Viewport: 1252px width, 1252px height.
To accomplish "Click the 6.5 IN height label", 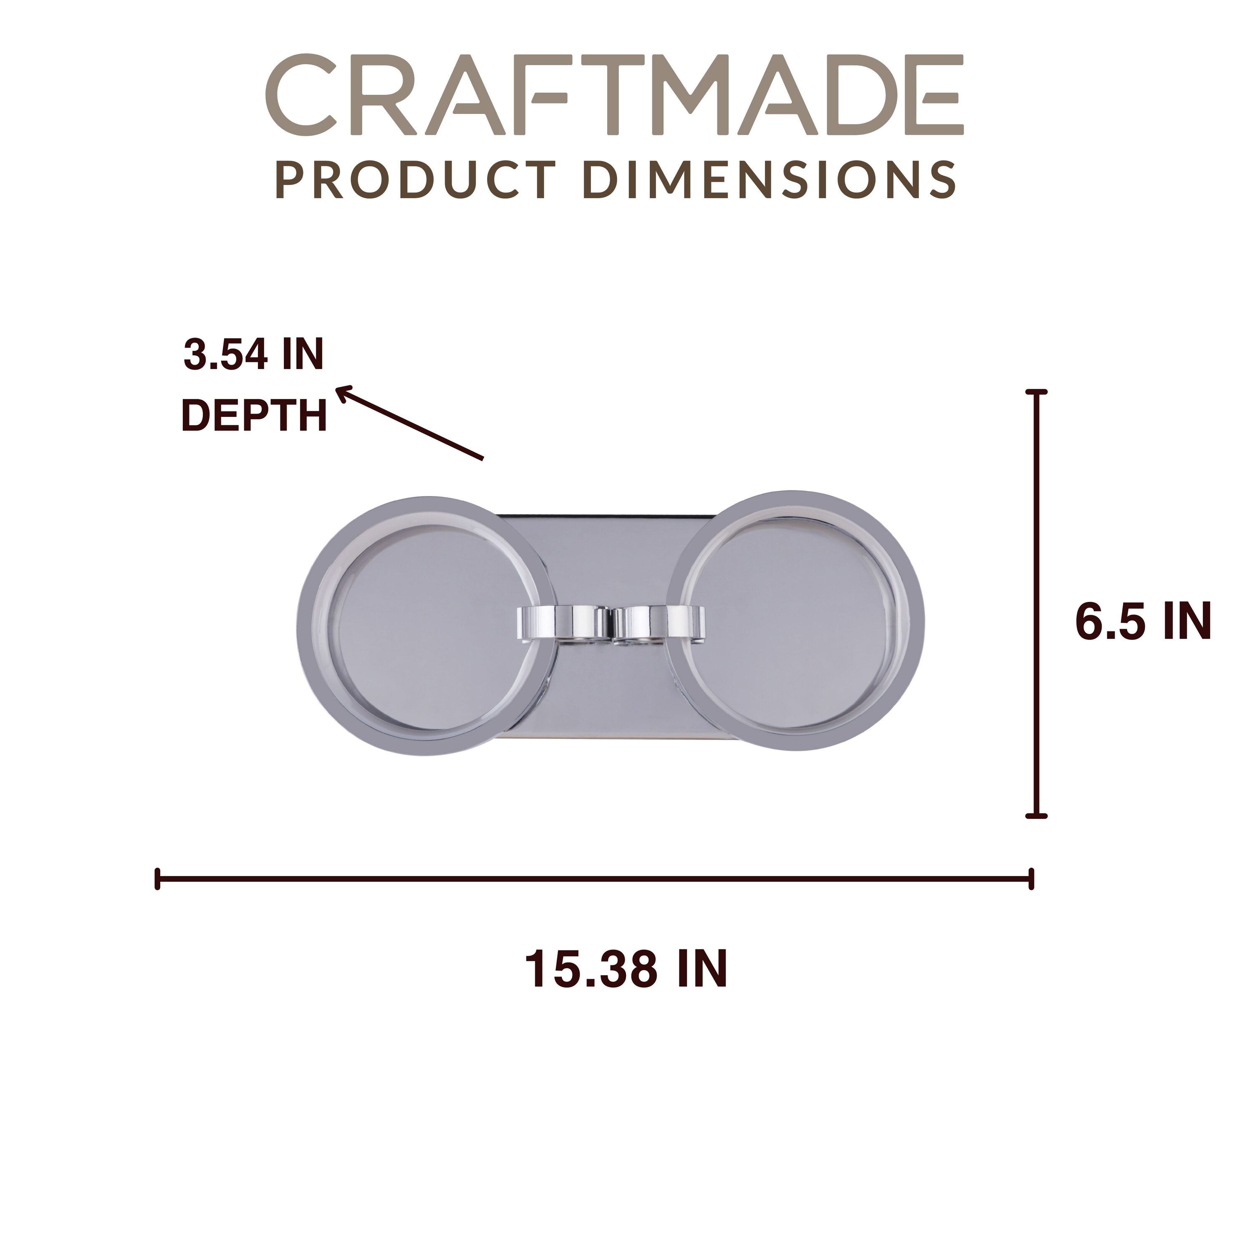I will click(x=1143, y=621).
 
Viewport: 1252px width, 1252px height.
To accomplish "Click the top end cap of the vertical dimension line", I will click(x=1037, y=392).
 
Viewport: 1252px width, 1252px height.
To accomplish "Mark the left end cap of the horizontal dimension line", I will click(x=157, y=879).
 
